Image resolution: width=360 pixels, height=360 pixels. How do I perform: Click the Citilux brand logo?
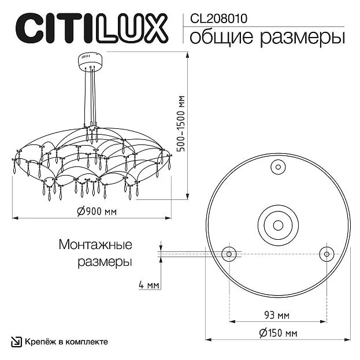tap(92, 28)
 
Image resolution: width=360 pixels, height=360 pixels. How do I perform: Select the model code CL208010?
tap(218, 18)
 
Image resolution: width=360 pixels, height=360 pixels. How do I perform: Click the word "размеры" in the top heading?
tap(302, 38)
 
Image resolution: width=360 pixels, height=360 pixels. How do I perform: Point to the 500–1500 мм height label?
tap(181, 124)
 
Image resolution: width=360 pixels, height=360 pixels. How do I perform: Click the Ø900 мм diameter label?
tap(97, 211)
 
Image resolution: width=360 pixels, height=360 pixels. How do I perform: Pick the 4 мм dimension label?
tap(149, 285)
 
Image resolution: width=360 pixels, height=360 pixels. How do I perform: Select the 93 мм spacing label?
tap(277, 315)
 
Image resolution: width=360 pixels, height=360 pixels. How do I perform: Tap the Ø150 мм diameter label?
tap(279, 333)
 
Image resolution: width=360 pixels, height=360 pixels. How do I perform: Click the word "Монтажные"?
tap(95, 244)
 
